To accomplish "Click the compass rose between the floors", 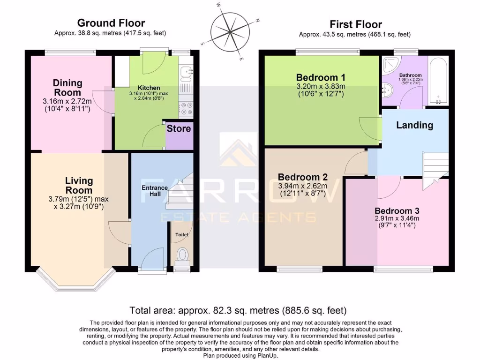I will click(x=230, y=32).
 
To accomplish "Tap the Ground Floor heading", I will click(x=111, y=23).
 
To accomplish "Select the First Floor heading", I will click(x=355, y=24).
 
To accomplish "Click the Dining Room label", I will click(x=67, y=88).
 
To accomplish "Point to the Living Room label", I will click(x=79, y=186).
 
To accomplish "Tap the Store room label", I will click(x=179, y=128).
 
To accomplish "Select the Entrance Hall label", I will click(x=155, y=191).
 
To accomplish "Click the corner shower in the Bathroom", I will click(x=389, y=65).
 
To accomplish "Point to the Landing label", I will click(x=414, y=125).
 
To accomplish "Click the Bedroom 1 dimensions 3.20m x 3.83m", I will click(x=321, y=87).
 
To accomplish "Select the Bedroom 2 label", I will click(x=302, y=177).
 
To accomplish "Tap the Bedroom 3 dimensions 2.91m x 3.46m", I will click(x=397, y=218).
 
